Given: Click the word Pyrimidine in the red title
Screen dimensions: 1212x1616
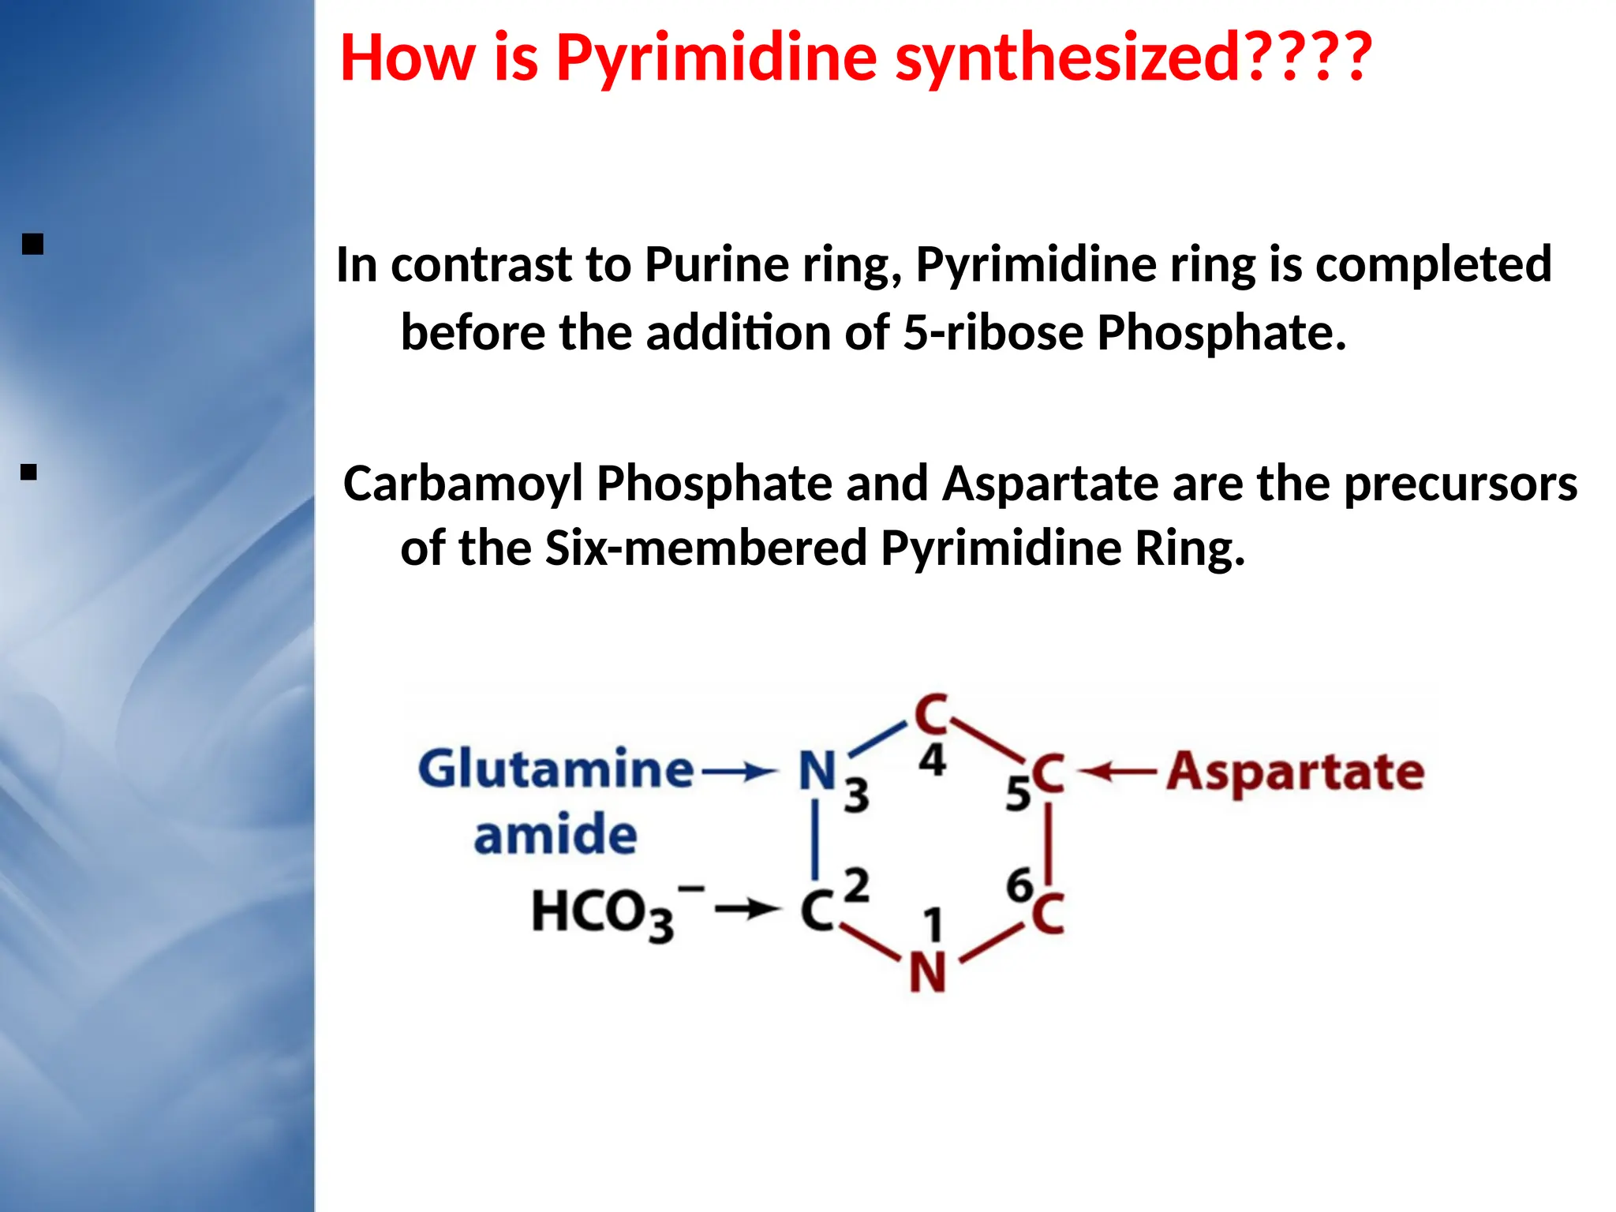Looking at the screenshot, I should pos(716,58).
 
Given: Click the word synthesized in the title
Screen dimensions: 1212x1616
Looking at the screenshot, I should pos(1069,58).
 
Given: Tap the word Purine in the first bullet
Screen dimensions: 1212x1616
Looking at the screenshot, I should pos(716,264).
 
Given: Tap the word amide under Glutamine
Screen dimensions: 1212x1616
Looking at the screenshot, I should pos(555,835).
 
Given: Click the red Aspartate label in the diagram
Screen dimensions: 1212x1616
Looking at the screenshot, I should pos(1296,771).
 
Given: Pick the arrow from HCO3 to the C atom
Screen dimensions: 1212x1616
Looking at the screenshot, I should pos(746,910).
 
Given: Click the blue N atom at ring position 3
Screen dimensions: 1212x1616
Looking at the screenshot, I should pos(817,770).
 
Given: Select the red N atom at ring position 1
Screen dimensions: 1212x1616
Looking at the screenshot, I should pos(927,973).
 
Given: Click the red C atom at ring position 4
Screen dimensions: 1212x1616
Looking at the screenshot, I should pos(931,714).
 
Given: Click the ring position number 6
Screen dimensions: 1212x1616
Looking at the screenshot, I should pos(1019,885).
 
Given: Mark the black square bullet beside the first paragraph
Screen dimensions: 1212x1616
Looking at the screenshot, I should pos(32,244).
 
